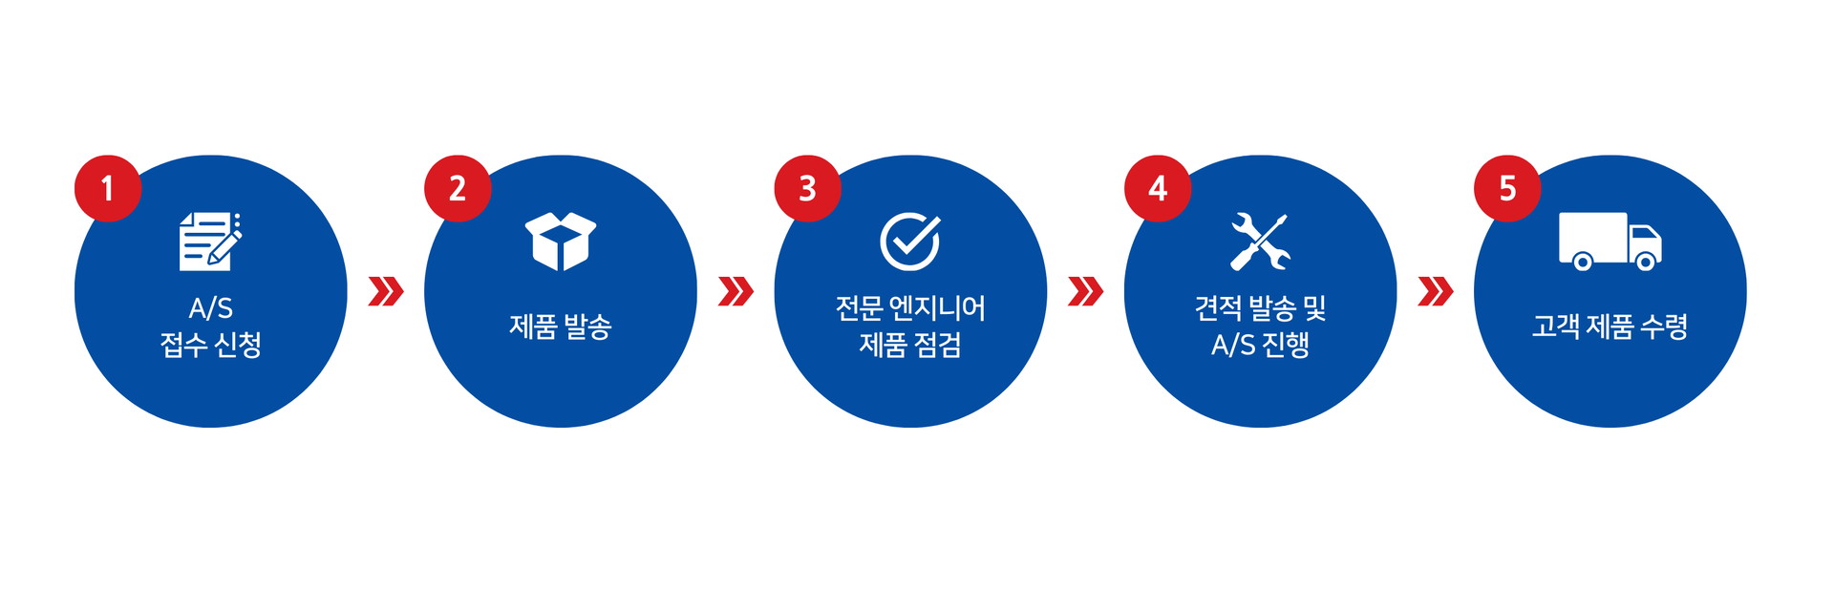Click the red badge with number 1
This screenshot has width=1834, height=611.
click(x=108, y=188)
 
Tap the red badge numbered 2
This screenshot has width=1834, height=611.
click(x=458, y=188)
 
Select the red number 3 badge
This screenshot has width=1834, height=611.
click(x=807, y=188)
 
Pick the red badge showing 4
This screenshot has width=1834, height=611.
click(x=1158, y=188)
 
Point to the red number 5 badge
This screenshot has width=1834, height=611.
click(x=1507, y=188)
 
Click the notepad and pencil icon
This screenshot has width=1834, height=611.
click(x=210, y=241)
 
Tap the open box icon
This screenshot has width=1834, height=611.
click(x=561, y=241)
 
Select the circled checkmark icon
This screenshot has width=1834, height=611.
click(x=909, y=241)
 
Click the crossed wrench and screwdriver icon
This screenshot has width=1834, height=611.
click(x=1260, y=241)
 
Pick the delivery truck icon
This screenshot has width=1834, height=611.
click(x=1610, y=241)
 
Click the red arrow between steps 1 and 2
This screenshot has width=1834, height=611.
click(x=386, y=291)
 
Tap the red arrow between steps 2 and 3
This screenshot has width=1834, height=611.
click(x=736, y=291)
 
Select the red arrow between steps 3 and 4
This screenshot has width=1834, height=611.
click(x=1085, y=291)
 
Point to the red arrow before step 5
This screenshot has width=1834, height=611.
click(x=1436, y=291)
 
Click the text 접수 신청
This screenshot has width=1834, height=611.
click(x=210, y=345)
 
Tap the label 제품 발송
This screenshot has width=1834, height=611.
click(x=561, y=327)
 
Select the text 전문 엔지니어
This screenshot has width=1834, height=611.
click(x=910, y=308)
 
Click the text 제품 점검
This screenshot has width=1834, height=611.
click(x=910, y=345)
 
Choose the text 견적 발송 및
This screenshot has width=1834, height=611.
click(x=1260, y=308)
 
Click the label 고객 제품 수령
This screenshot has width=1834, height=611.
click(x=1610, y=327)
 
